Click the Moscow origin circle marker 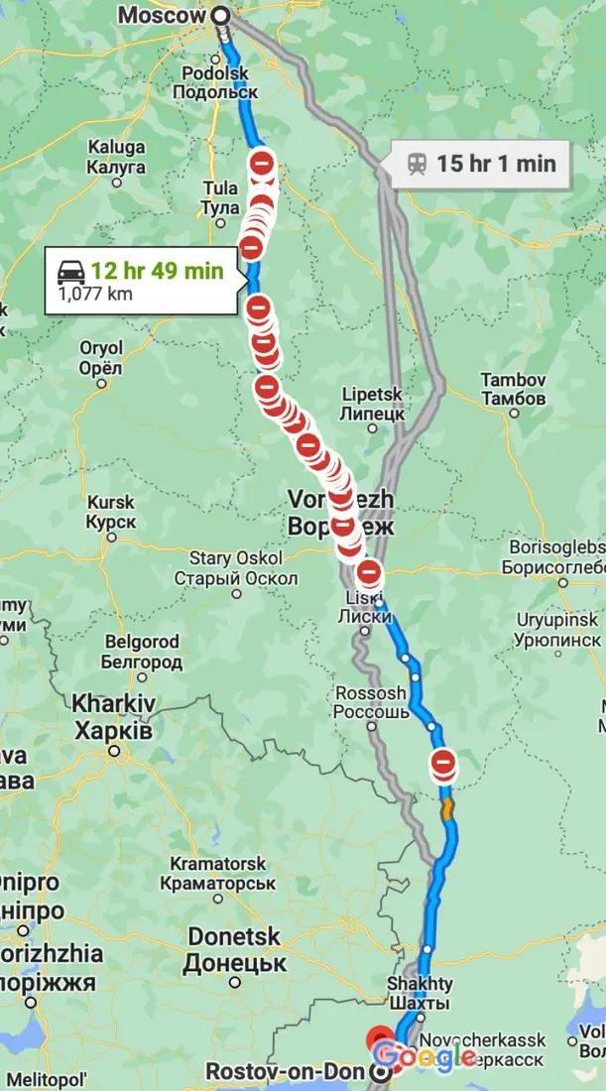coord(220,16)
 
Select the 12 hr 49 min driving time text coord(157,270)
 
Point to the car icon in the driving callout coord(70,270)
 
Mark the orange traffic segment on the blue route coord(448,808)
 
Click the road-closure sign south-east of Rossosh coord(442,763)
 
